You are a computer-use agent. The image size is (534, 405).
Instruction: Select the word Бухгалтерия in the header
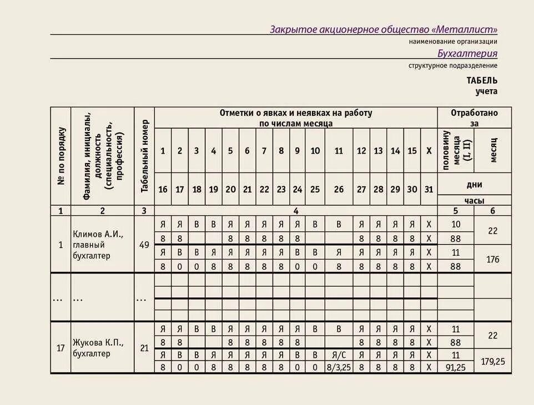[x=467, y=54]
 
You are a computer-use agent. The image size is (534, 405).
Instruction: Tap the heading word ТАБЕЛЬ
[x=482, y=80]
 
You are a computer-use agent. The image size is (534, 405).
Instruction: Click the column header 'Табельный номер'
[x=144, y=156]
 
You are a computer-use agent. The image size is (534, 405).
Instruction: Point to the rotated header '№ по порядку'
[x=61, y=156]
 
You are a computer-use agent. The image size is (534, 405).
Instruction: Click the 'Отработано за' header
[x=474, y=118]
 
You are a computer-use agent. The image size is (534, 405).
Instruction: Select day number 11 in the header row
[x=339, y=151]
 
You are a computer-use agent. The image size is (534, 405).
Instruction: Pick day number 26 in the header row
[x=339, y=189]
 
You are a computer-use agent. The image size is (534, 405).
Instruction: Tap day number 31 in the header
[x=429, y=189]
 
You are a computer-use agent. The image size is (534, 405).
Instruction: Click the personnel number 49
[x=144, y=245]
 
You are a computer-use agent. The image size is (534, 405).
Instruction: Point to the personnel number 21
[x=144, y=348]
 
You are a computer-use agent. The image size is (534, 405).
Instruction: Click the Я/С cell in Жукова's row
[x=339, y=355]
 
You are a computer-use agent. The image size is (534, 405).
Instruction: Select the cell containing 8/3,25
[x=339, y=367]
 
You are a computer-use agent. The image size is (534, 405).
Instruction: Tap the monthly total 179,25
[x=493, y=361]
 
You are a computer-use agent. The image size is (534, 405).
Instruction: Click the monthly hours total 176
[x=493, y=259]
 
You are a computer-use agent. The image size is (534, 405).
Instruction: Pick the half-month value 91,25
[x=455, y=367]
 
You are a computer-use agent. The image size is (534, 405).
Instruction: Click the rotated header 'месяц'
[x=493, y=150]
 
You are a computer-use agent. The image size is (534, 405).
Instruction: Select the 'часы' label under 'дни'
[x=474, y=200]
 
